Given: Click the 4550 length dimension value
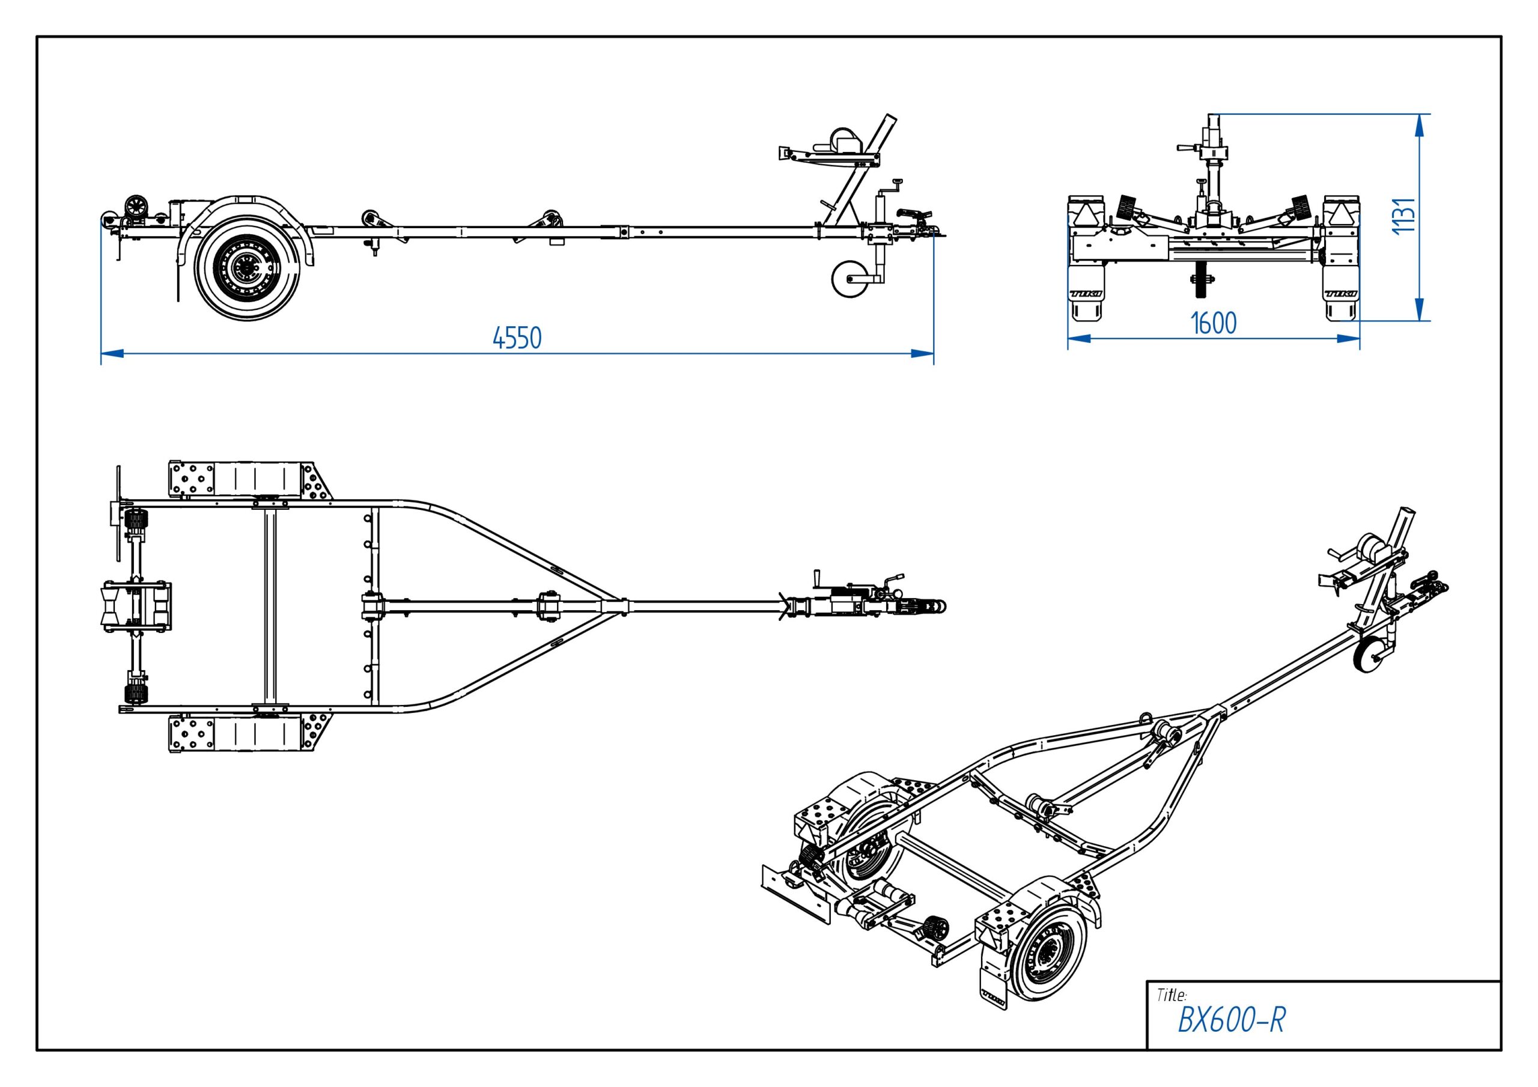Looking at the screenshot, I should (517, 338).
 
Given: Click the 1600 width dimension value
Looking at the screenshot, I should (1213, 324).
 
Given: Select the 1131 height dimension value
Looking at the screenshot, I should (1404, 216).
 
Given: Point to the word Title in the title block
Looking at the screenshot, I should (1172, 995).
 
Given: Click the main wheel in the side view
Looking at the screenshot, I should (247, 267).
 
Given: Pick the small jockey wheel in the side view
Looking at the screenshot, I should (848, 280).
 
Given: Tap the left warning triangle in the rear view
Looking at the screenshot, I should (1084, 214).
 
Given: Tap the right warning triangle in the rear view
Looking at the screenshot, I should (1340, 214).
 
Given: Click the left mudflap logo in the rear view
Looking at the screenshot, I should (1083, 293).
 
